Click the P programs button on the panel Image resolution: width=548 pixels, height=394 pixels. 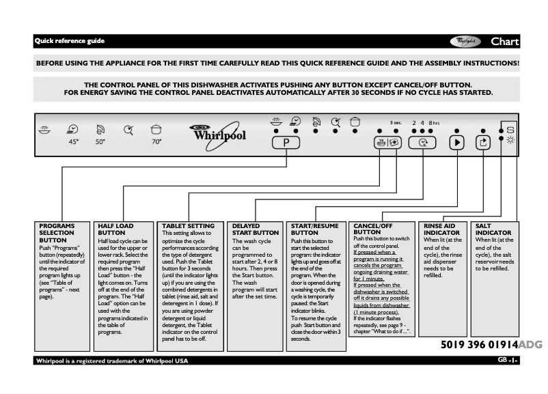click(286, 143)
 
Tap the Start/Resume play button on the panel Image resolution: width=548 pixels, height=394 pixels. click(457, 143)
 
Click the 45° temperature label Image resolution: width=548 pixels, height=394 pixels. click(73, 142)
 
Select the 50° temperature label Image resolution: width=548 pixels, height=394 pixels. click(100, 142)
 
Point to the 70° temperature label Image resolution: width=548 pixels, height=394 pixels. click(156, 142)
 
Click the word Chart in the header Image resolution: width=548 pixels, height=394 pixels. click(505, 41)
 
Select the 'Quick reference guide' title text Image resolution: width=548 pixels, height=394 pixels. click(70, 41)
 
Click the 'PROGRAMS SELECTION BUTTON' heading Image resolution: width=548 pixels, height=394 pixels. click(57, 233)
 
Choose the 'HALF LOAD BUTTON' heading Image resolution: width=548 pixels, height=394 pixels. click(115, 229)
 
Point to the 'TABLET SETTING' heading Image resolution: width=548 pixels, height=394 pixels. click(188, 225)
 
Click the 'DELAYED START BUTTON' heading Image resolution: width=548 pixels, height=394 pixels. click(256, 229)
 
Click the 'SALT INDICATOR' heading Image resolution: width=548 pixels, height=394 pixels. click(493, 229)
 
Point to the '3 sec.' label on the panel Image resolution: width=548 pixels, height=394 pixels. click(396, 123)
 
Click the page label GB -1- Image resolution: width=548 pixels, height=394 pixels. click(508, 360)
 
